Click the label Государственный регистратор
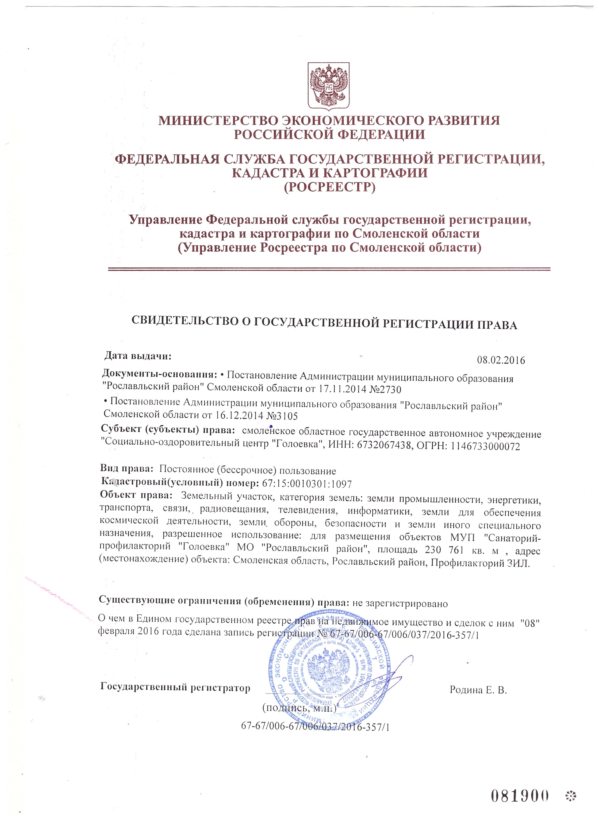175,688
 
